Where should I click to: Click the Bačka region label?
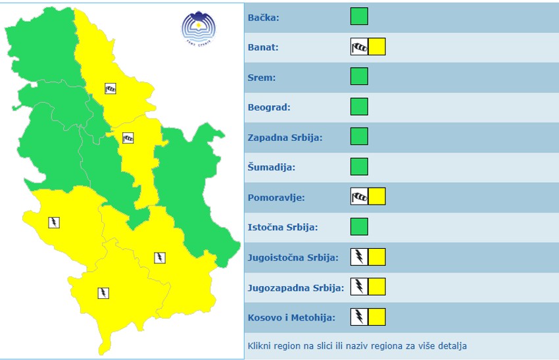point(263,17)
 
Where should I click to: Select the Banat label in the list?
point(263,47)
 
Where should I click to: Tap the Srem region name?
point(262,78)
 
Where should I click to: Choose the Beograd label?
point(269,107)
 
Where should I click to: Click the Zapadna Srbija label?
point(285,138)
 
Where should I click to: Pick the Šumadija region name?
point(271,167)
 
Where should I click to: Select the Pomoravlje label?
point(276,197)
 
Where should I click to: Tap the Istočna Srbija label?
point(283,227)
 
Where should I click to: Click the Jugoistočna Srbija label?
point(293,257)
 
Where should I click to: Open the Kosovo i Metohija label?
point(291,317)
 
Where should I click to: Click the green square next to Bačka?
point(359,16)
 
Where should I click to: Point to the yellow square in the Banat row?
point(377,47)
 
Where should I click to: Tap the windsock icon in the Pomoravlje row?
point(359,197)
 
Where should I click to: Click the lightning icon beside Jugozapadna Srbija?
point(359,286)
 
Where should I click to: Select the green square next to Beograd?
point(359,107)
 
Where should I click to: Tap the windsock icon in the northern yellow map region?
point(110,88)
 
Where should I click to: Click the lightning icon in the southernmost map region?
point(103,293)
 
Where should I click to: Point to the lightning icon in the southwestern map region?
point(54,222)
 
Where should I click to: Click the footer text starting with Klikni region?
point(357,346)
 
